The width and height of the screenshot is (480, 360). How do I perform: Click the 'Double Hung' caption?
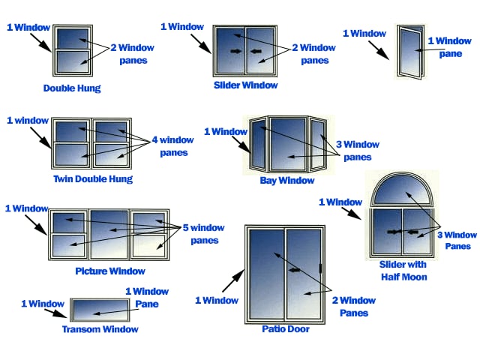pos(72,88)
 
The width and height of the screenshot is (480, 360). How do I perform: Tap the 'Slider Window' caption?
pos(245,85)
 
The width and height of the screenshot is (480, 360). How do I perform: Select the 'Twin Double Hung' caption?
pos(93,178)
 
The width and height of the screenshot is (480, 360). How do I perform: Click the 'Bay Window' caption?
pos(287,181)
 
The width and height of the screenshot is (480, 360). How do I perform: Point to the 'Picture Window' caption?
pos(110,271)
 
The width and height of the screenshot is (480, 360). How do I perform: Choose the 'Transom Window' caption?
pos(100,329)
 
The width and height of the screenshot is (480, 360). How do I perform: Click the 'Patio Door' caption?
pos(285,328)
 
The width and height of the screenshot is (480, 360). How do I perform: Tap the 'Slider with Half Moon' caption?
pos(403,271)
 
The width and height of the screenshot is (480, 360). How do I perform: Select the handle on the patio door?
pos(320,268)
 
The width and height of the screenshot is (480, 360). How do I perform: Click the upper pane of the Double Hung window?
pos(72,38)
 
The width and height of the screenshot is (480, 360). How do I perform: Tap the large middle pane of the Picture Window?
pos(109,232)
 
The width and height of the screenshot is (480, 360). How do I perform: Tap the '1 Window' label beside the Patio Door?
pos(217,300)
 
